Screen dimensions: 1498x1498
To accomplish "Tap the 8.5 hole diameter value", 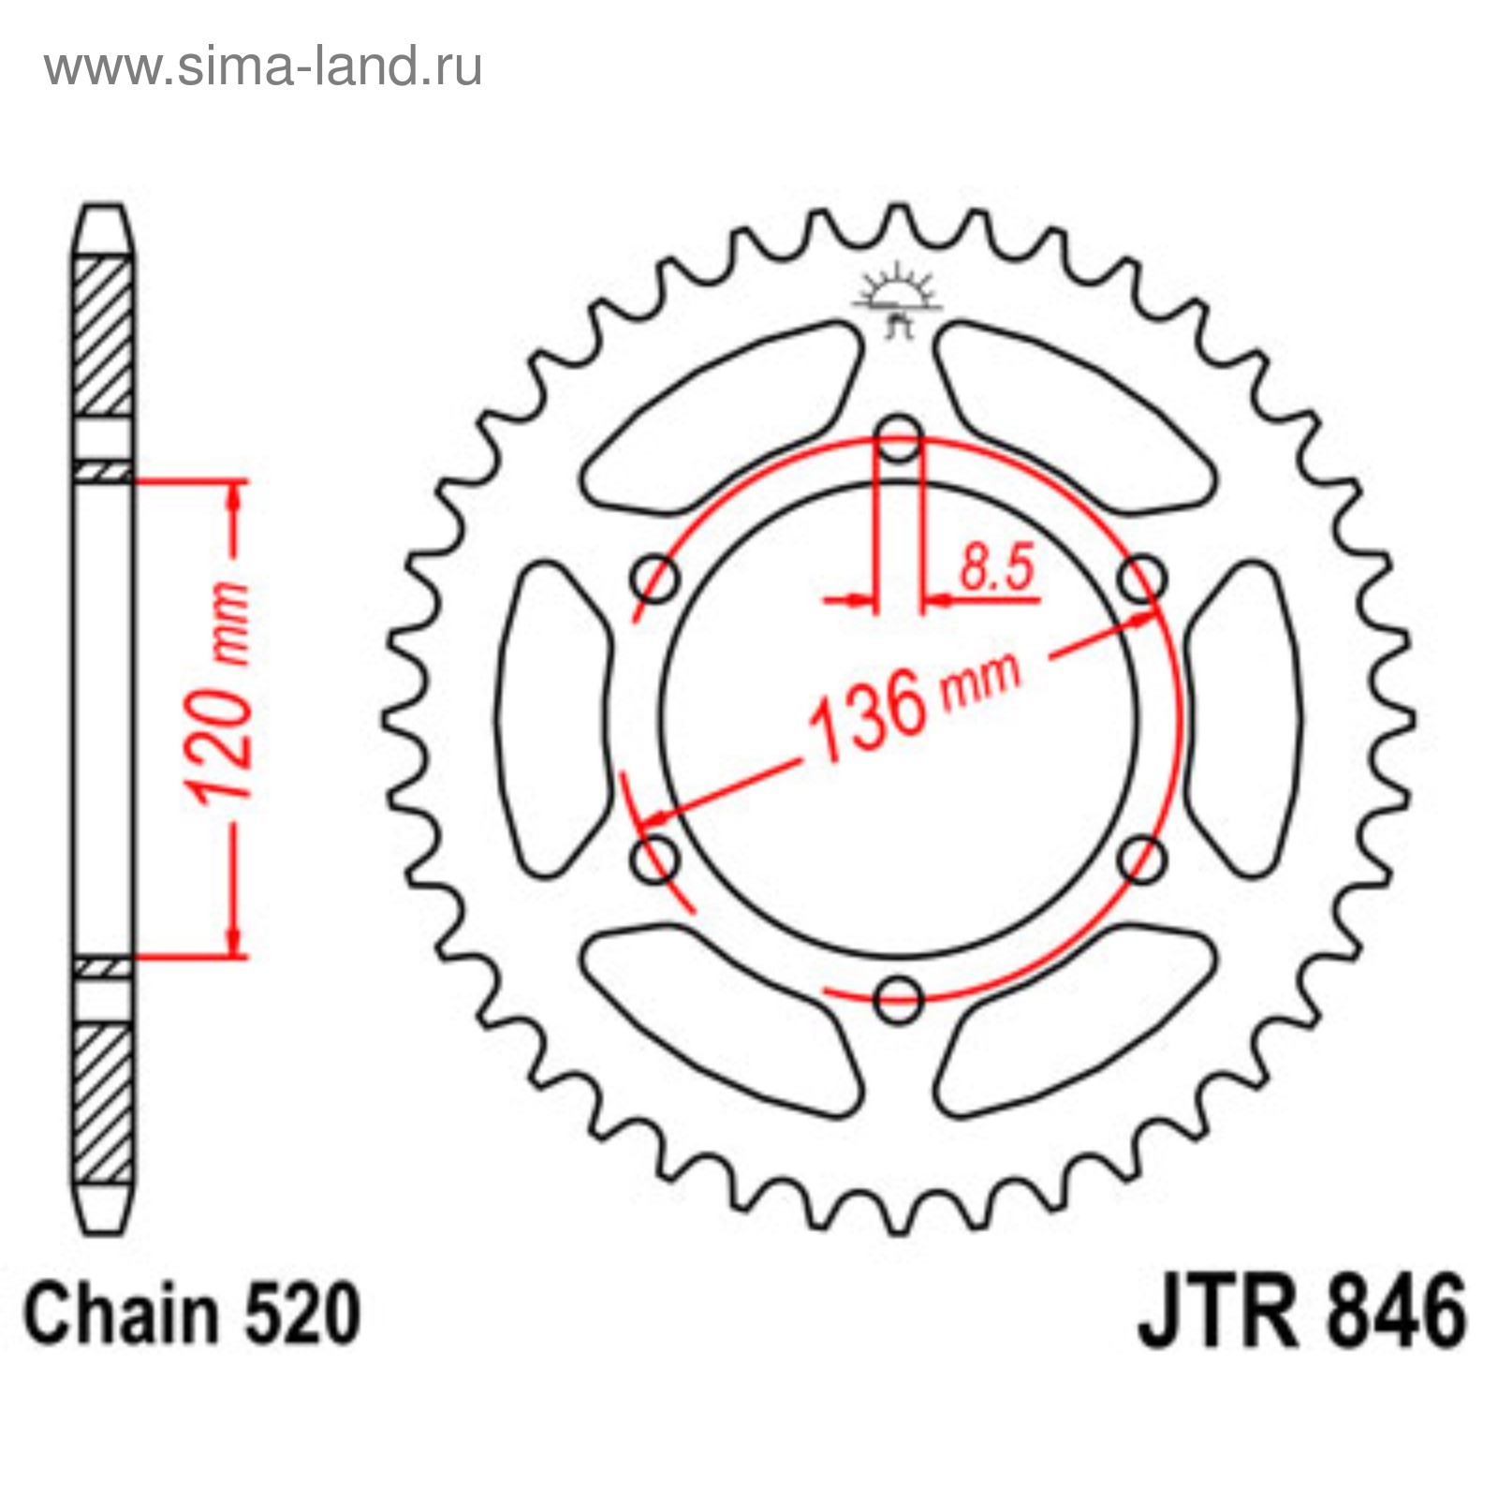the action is (996, 567).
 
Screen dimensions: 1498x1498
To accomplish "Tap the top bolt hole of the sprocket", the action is (899, 437).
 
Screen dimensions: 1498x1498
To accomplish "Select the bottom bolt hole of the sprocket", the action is (899, 999).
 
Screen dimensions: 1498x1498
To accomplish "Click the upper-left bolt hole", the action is (655, 580).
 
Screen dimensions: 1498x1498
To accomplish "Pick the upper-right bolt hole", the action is (1142, 578).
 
